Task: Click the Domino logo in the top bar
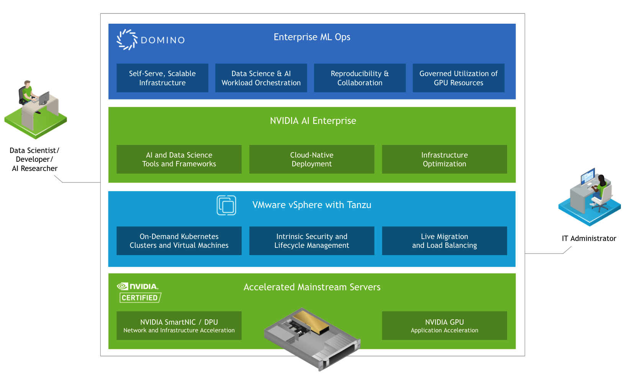click(150, 40)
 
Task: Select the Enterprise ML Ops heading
click(312, 37)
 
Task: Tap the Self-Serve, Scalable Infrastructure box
click(162, 78)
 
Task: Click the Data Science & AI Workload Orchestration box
click(261, 78)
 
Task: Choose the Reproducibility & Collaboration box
click(360, 78)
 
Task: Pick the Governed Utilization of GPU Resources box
click(458, 78)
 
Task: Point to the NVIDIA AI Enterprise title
click(313, 121)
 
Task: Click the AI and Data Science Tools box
click(179, 159)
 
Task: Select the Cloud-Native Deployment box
click(311, 159)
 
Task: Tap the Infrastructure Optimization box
click(444, 159)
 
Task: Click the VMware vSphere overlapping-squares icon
click(226, 205)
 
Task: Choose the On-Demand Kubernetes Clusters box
click(179, 241)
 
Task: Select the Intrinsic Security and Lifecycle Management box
click(311, 241)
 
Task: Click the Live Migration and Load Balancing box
click(444, 241)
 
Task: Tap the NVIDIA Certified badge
click(139, 293)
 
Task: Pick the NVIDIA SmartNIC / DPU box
click(179, 326)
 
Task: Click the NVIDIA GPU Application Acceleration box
click(444, 326)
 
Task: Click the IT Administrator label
click(589, 239)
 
